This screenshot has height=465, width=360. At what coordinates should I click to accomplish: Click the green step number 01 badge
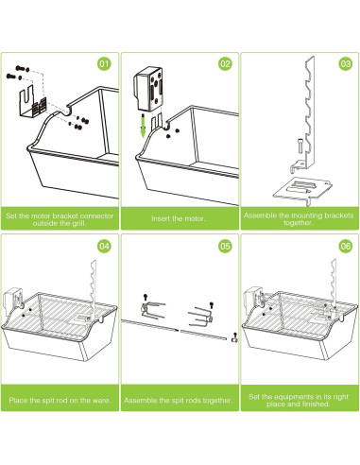pyautogui.click(x=104, y=64)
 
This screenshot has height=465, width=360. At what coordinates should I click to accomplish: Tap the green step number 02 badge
pyautogui.click(x=225, y=64)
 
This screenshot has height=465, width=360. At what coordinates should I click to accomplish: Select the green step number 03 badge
pyautogui.click(x=346, y=64)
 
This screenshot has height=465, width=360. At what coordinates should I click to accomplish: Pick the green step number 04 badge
pyautogui.click(x=104, y=246)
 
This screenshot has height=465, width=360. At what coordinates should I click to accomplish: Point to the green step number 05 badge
pyautogui.click(x=225, y=246)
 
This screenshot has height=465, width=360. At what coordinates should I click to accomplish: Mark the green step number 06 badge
pyautogui.click(x=346, y=246)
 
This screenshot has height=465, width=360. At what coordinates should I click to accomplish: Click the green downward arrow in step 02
pyautogui.click(x=144, y=126)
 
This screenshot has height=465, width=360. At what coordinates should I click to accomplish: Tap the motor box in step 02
pyautogui.click(x=148, y=89)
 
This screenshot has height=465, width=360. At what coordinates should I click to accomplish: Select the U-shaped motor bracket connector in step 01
pyautogui.click(x=32, y=102)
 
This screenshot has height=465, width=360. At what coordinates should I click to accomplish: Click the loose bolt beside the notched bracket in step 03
pyautogui.click(x=300, y=147)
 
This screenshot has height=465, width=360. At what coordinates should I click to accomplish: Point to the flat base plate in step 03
pyautogui.click(x=302, y=189)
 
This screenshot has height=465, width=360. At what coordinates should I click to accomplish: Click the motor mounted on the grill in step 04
pyautogui.click(x=12, y=299)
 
